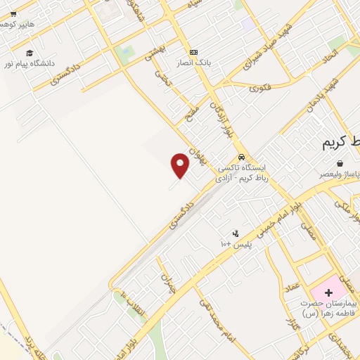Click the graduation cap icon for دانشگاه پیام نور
point(30,53)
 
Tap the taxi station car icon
point(242,157)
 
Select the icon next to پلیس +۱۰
point(236,233)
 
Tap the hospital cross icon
point(328,291)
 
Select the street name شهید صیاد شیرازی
point(266,50)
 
